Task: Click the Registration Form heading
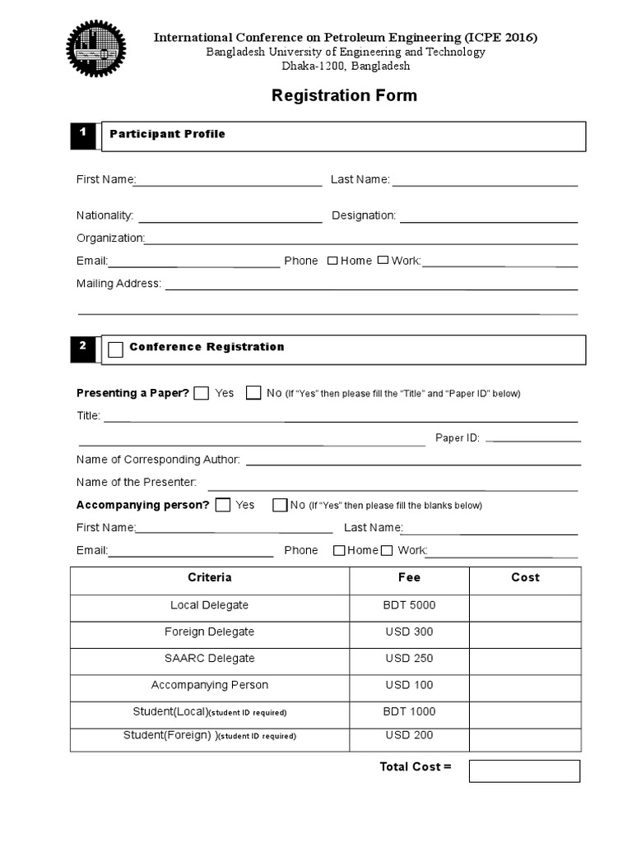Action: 344,95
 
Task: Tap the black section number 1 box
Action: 83,136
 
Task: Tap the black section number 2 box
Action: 83,349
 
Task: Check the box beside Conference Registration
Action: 116,349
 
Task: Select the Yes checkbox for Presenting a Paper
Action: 202,393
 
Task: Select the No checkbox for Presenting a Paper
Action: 253,393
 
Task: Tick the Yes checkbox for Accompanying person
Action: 222,505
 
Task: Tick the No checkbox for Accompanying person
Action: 280,505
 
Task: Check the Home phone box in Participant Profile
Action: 332,261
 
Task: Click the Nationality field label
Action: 105,215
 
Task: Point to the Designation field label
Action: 364,215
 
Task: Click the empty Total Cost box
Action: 524,770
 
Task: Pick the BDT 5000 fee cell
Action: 409,605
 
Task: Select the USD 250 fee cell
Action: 409,659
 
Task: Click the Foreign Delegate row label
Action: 209,631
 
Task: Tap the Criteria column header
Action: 209,578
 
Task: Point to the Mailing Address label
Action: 118,284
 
